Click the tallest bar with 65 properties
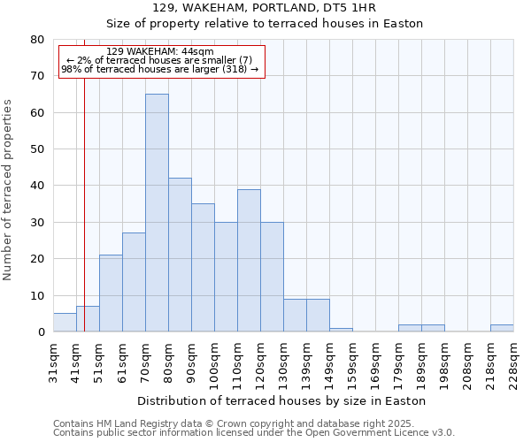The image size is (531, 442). (x=157, y=212)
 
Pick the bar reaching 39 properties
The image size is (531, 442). (x=249, y=260)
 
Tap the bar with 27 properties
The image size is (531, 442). (x=134, y=282)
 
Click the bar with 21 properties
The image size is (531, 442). (x=111, y=293)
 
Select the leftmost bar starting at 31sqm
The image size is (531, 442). (x=65, y=323)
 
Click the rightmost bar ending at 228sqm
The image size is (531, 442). (x=502, y=328)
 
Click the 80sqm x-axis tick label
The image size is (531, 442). (x=169, y=362)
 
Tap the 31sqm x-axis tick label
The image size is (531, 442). (x=54, y=362)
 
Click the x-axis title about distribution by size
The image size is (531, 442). (x=283, y=400)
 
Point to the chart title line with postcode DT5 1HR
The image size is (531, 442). (x=265, y=8)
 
